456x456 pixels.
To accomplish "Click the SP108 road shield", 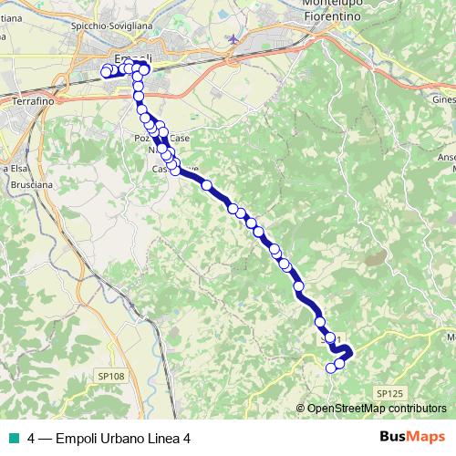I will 109,375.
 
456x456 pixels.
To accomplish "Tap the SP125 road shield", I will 388,393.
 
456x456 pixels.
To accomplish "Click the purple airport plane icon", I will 236,39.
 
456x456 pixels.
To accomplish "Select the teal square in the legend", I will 12,438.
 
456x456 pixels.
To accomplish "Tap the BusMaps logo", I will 411,437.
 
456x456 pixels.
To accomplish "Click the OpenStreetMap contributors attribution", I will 376,409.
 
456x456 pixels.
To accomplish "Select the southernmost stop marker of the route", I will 331,368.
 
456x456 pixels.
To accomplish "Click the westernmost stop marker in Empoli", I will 106,71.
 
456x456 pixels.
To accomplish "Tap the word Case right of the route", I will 180,138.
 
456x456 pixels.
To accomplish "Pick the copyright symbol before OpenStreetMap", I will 301,409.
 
